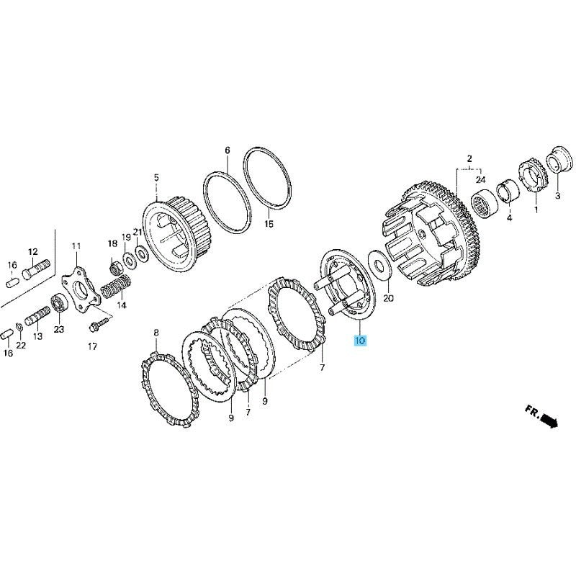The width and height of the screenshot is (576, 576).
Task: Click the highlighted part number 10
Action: click(359, 341)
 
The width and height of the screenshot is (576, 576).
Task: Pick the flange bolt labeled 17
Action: click(99, 324)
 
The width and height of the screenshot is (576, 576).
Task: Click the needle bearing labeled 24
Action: click(484, 204)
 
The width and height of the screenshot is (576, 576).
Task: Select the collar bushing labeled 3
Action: click(559, 161)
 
